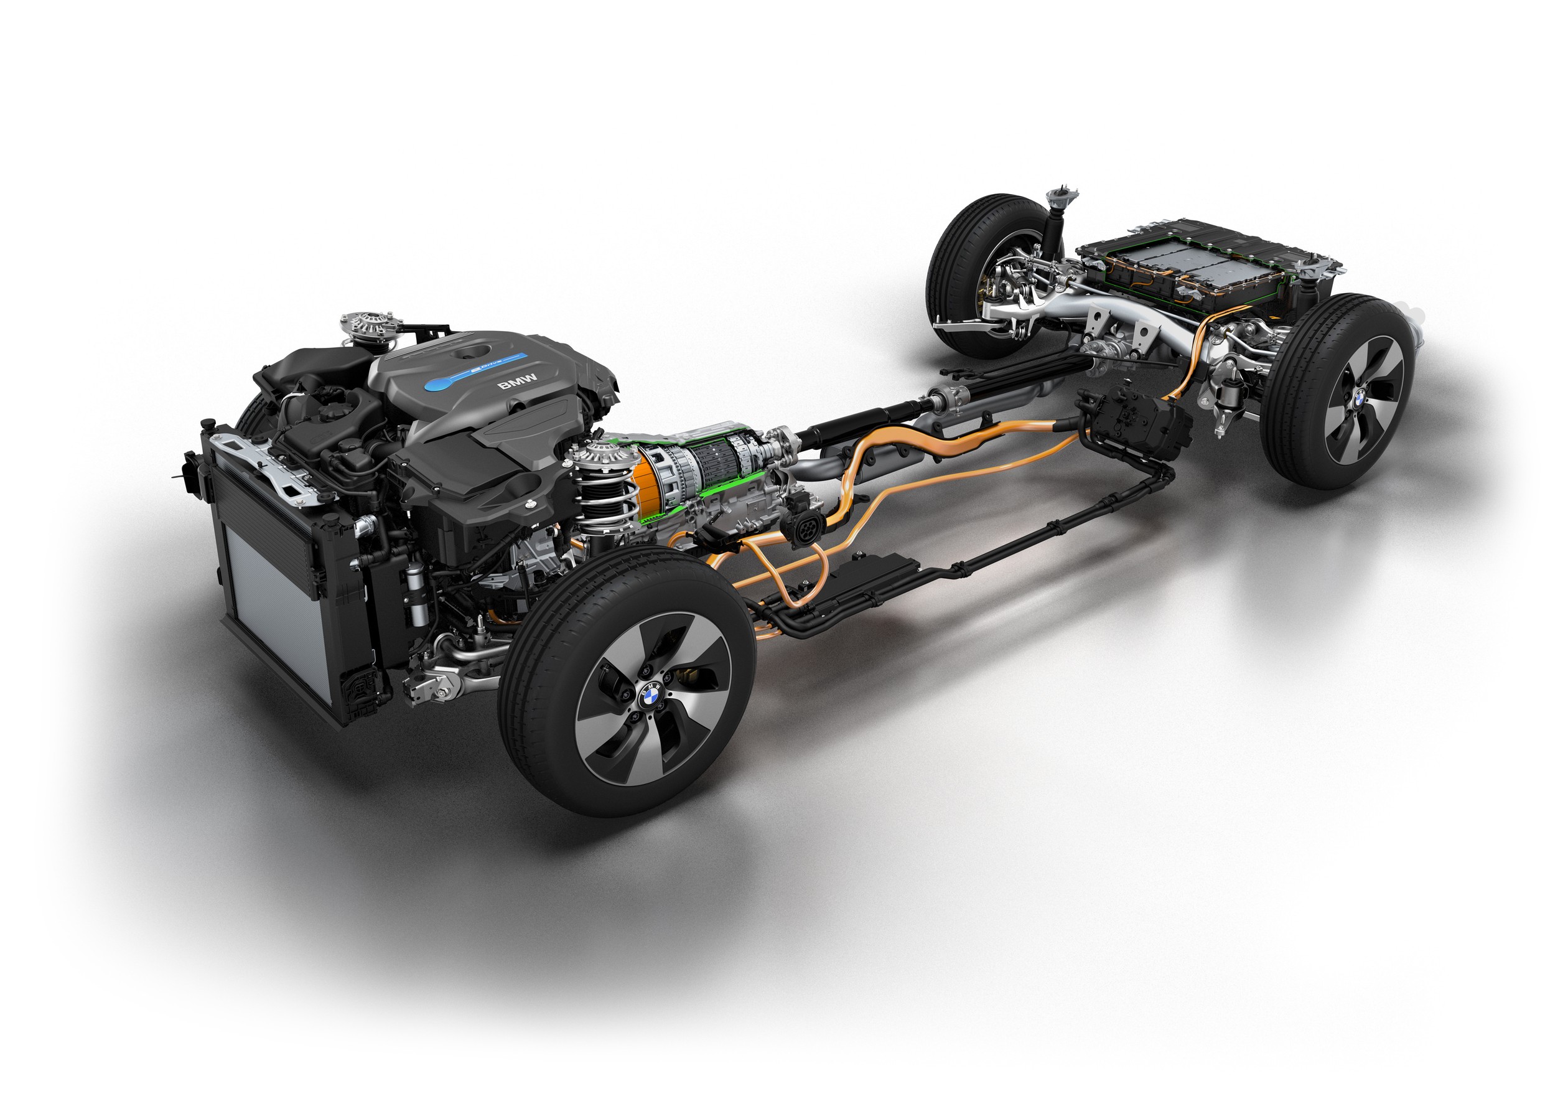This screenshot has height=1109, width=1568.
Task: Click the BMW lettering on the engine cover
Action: point(517,381)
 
